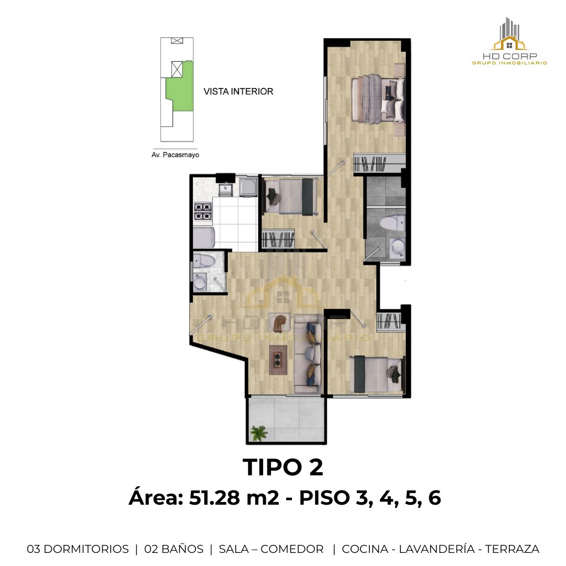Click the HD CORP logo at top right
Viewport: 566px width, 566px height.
click(509, 41)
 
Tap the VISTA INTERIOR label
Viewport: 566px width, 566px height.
click(238, 91)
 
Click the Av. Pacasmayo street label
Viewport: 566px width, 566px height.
click(176, 155)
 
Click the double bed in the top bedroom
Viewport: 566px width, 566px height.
click(378, 99)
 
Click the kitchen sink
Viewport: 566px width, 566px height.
click(226, 188)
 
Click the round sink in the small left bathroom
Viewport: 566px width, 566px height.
click(200, 281)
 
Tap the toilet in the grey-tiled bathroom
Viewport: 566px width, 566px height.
click(392, 223)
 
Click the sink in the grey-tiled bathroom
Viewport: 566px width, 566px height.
click(398, 249)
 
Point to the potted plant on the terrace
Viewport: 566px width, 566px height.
click(259, 432)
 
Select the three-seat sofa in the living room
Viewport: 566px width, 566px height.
click(308, 354)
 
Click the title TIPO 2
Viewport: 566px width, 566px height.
click(283, 467)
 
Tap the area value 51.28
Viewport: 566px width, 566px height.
click(214, 498)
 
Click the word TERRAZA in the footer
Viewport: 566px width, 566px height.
click(512, 549)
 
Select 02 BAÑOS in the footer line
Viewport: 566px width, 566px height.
click(173, 549)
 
